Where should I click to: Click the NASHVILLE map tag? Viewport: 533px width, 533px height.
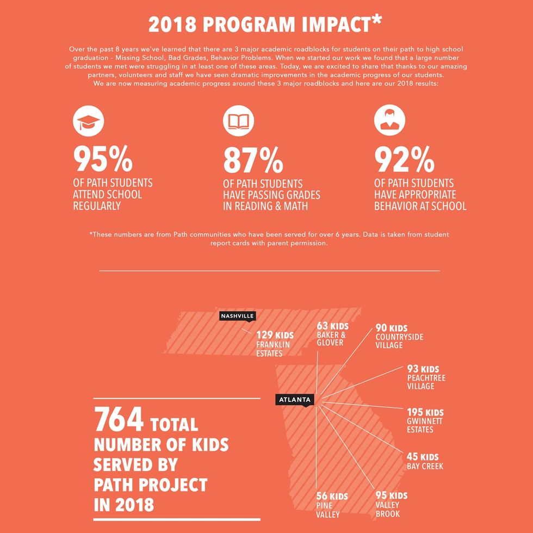point(237,316)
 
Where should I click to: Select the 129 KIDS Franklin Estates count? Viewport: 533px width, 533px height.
point(275,334)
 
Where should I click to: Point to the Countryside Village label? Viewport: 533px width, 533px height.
point(399,341)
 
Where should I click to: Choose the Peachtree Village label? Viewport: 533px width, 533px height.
point(426,382)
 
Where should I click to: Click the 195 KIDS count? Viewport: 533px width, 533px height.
point(425,412)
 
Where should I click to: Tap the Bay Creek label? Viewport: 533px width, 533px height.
point(425,466)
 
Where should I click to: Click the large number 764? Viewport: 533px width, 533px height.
point(119,420)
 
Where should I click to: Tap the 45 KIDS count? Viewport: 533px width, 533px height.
point(423,456)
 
